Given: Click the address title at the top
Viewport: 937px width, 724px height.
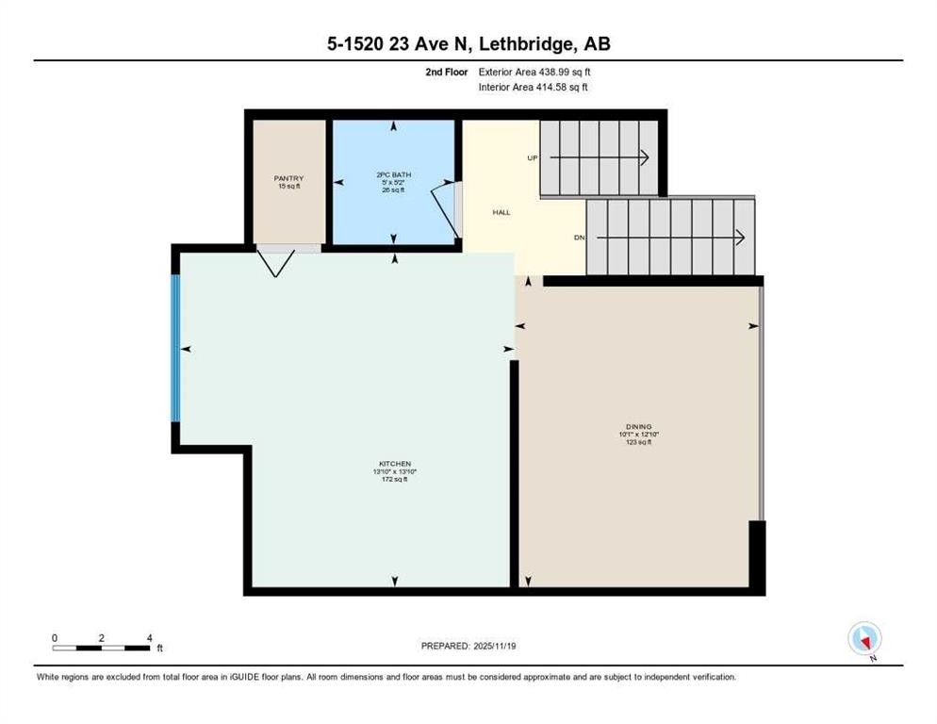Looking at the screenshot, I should coord(468,44).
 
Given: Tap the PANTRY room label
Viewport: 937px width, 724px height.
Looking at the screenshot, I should coord(288,178).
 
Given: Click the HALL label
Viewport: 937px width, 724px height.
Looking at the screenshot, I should coord(501,212).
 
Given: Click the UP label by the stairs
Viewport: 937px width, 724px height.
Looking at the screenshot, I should coord(533,157).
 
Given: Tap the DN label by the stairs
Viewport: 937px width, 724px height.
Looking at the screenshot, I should coord(580,238).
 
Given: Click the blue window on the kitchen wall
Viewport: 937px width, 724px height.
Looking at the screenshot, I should coord(175,348).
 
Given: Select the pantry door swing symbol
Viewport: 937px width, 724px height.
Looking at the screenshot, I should coord(276,261).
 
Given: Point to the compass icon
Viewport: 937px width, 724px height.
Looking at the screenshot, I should coord(863,638).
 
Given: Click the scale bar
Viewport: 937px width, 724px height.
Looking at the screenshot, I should coord(102,648).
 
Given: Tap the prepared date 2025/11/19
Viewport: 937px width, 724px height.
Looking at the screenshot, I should coord(468,646).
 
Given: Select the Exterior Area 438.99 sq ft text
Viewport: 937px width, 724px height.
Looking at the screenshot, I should coord(534,72).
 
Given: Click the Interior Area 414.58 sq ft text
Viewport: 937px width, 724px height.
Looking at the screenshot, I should coord(534,88).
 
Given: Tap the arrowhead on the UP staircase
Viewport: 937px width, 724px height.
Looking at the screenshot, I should coord(646,157).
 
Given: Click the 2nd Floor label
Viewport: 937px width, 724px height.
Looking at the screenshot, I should coord(446,72).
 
